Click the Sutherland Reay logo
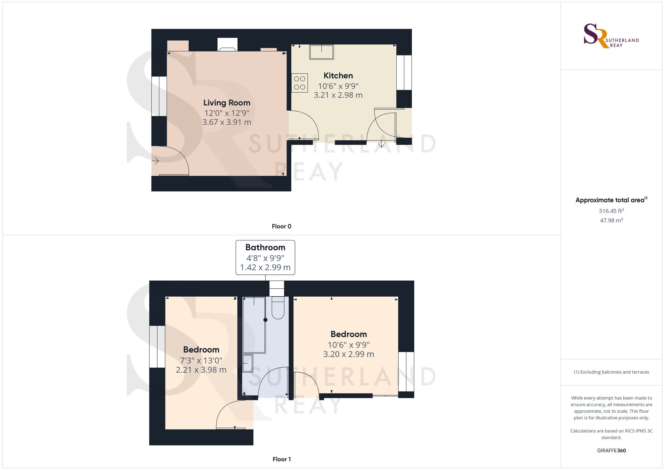[x=611, y=36]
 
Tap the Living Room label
[x=227, y=103]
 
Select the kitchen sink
[x=322, y=52]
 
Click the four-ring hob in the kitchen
[x=300, y=83]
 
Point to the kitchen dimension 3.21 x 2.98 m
[x=338, y=95]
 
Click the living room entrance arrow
[x=156, y=161]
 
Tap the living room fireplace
[x=227, y=45]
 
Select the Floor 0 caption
[x=281, y=226]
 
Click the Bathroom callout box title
[x=265, y=247]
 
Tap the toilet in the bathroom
[x=278, y=308]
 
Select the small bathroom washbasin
[x=247, y=363]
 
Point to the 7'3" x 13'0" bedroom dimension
[x=201, y=360]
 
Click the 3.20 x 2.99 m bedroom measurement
[x=348, y=354]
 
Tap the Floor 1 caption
[x=281, y=459]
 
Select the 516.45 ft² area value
[x=611, y=211]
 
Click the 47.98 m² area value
[x=611, y=220]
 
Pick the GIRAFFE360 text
[x=611, y=450]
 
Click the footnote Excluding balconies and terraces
[x=611, y=372]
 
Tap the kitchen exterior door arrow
[x=381, y=144]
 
